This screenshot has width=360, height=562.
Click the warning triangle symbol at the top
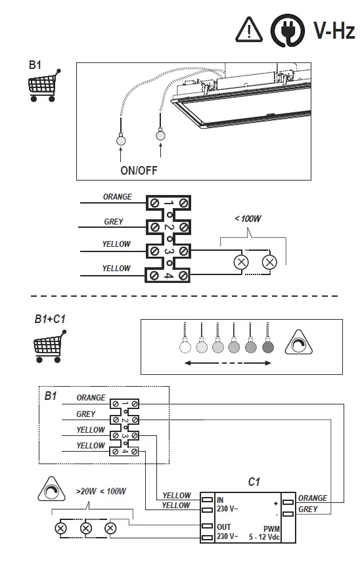(248, 30)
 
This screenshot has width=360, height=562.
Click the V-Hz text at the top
(334, 30)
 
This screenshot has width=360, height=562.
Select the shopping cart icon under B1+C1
(49, 346)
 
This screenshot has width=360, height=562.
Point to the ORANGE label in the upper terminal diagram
(117, 196)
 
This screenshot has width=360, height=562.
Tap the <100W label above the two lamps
(248, 218)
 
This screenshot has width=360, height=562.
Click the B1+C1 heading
(50, 319)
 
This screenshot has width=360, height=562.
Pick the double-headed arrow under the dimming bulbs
(227, 364)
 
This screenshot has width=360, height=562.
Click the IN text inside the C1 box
(221, 500)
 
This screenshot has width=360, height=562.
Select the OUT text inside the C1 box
(223, 527)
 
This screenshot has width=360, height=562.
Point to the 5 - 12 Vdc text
(265, 536)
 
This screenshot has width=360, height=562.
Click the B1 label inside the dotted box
(51, 396)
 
